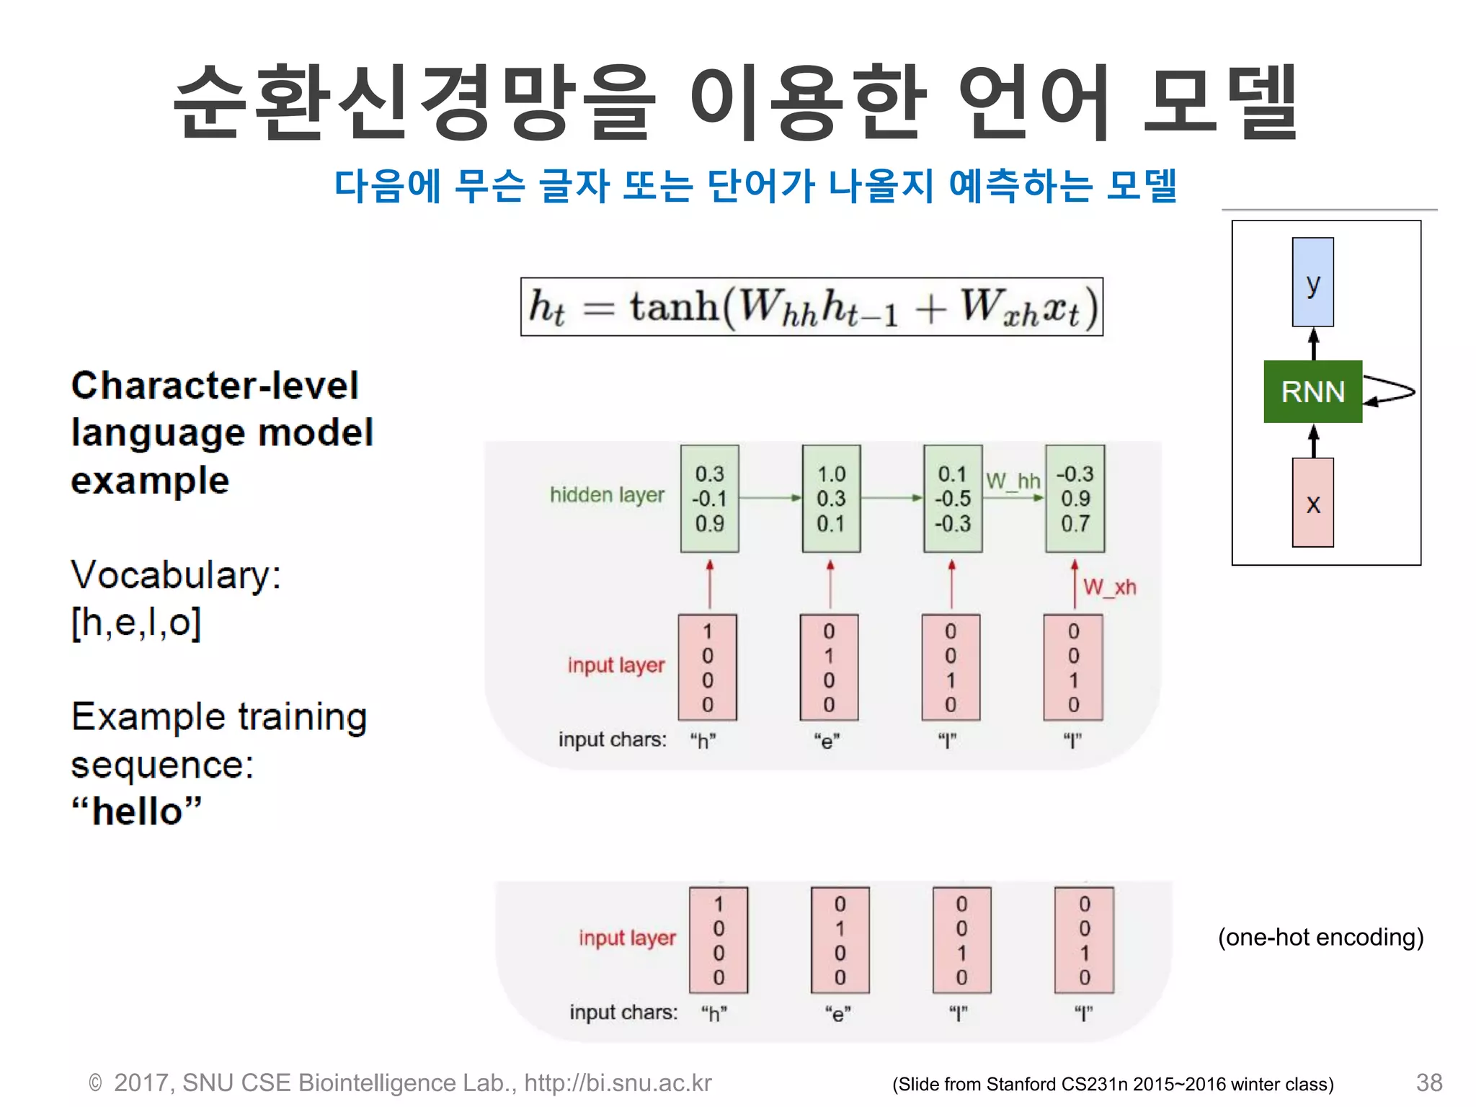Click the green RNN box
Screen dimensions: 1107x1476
click(1312, 391)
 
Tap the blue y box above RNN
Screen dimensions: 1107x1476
click(1312, 282)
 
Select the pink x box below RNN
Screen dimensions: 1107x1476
click(1312, 502)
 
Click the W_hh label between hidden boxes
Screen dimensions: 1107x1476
click(1013, 480)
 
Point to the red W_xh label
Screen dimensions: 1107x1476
click(1109, 587)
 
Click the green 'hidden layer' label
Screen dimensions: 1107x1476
click(607, 494)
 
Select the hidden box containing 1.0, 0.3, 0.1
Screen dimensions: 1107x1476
click(831, 498)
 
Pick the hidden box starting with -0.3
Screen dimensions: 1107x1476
click(1075, 498)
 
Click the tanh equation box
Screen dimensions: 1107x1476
click(812, 307)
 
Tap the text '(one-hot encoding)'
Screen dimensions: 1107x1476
click(1320, 937)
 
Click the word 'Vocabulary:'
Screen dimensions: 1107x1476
click(176, 575)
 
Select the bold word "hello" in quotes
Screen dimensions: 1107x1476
click(137, 811)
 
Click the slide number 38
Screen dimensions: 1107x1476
click(1428, 1082)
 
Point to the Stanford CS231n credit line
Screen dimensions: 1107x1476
click(1113, 1084)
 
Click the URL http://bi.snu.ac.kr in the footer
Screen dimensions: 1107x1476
click(618, 1082)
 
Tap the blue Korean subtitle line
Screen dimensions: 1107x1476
click(755, 186)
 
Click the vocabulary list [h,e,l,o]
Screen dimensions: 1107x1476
click(136, 622)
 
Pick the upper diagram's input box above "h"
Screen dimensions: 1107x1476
click(707, 667)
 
